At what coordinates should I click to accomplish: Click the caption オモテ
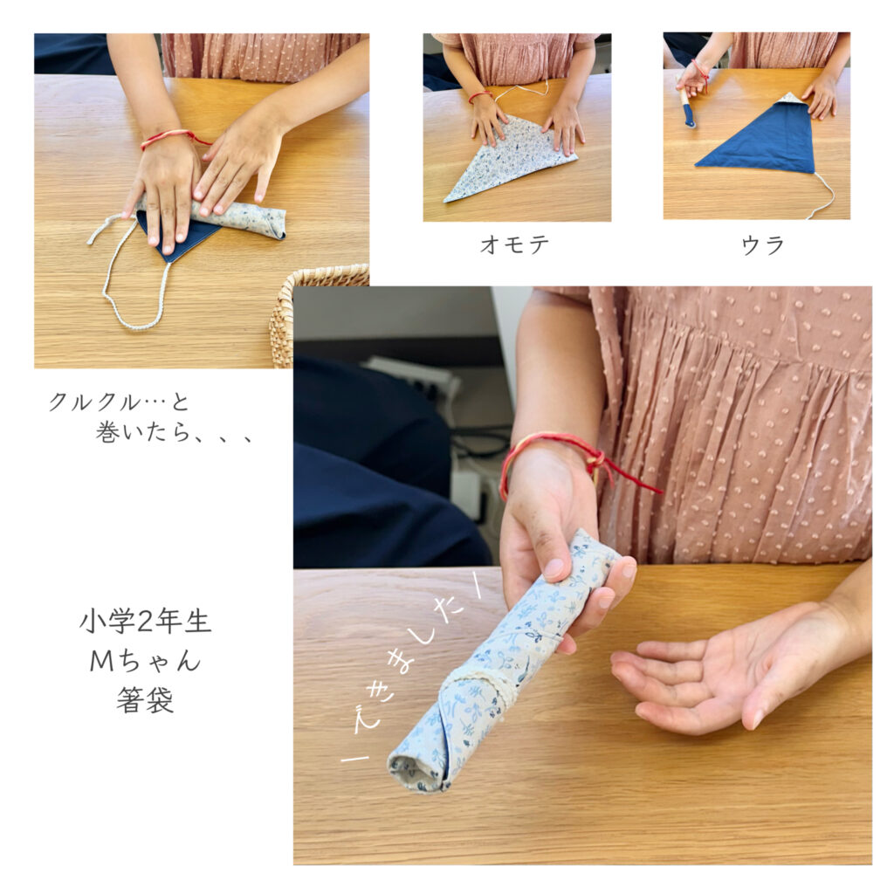(x=514, y=244)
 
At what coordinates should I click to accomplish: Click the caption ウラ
(x=763, y=245)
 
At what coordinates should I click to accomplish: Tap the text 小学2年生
(x=146, y=622)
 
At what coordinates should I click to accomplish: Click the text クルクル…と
(x=119, y=402)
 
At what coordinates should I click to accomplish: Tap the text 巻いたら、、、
(x=174, y=433)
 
